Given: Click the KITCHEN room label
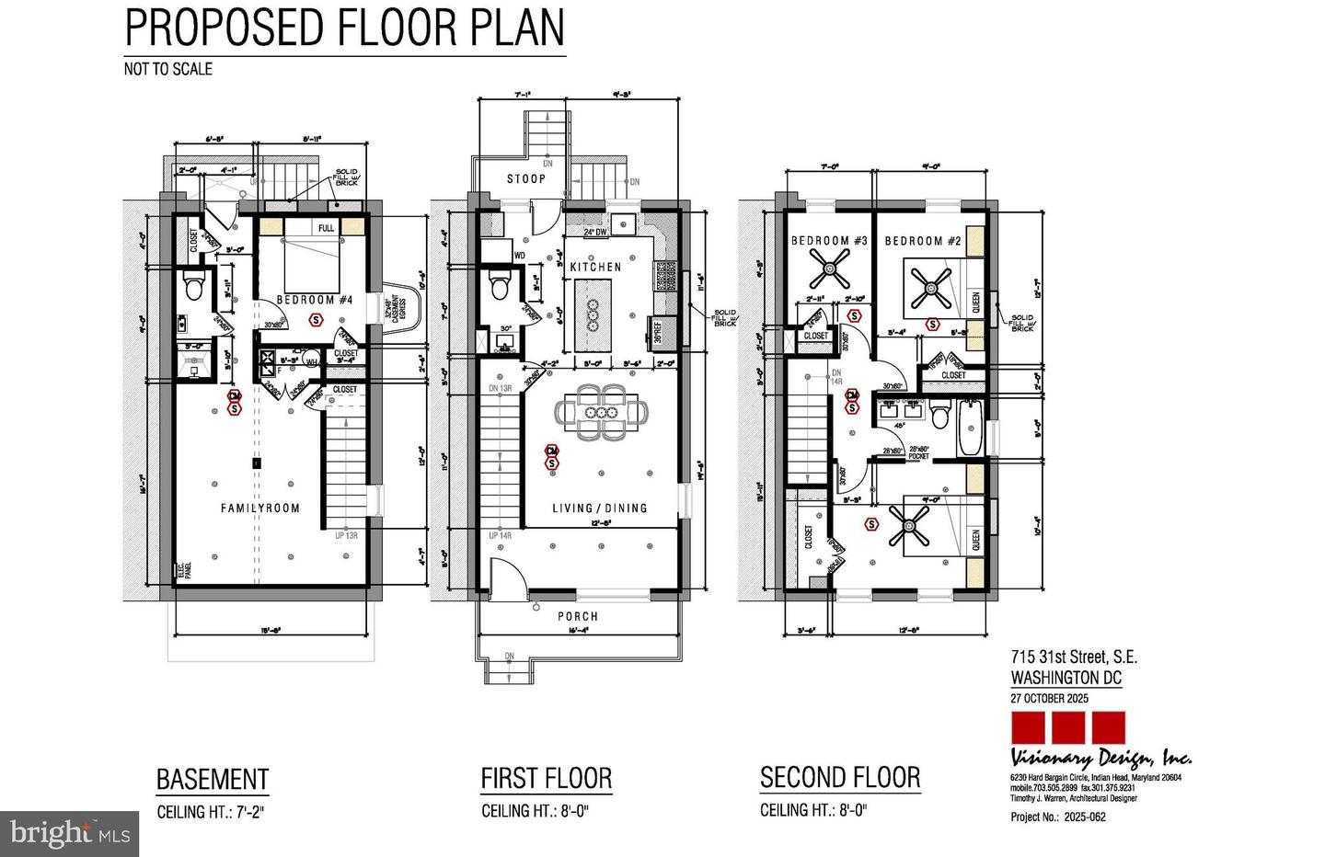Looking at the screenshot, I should tap(595, 267).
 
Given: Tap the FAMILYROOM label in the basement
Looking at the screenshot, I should tap(259, 508).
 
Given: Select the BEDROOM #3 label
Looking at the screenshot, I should tap(829, 241).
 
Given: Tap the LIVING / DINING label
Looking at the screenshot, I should tap(599, 508).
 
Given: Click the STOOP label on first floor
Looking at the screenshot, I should tap(525, 178).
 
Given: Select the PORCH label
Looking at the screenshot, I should tap(577, 616).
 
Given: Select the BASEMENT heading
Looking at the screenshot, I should tap(213, 780).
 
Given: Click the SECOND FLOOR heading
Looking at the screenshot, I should tap(840, 778).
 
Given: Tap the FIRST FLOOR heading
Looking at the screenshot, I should tap(547, 780).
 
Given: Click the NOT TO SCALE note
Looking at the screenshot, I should tap(168, 69).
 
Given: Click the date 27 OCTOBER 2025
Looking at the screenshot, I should tap(1049, 698).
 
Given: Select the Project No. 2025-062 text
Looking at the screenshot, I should tap(1058, 817).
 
